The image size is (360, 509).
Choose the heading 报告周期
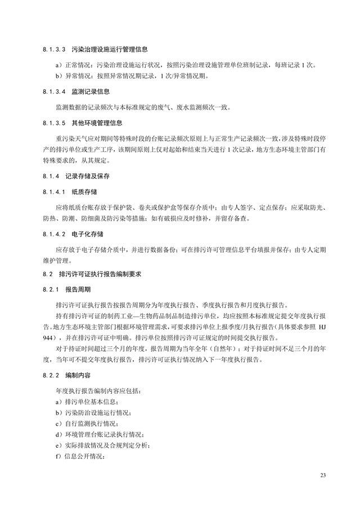coord(76,290)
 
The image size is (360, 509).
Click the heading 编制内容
coord(76,374)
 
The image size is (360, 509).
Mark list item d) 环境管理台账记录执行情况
coord(98,434)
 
